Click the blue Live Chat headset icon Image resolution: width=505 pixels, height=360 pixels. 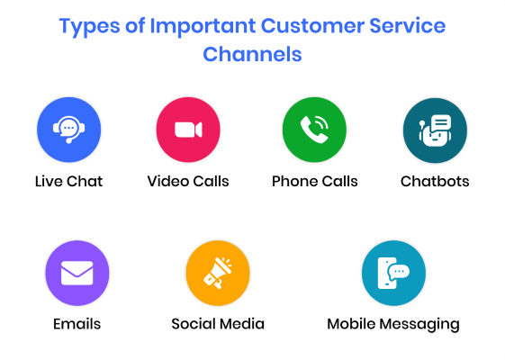(x=69, y=130)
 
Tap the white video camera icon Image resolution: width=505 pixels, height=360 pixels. (x=188, y=130)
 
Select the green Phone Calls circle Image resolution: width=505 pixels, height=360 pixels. (x=314, y=130)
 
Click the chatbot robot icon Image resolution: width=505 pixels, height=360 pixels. (x=435, y=130)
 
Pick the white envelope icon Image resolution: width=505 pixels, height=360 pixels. (x=77, y=273)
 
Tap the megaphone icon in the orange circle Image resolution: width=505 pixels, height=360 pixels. (x=218, y=273)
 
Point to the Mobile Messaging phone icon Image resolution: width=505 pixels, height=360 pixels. (x=393, y=273)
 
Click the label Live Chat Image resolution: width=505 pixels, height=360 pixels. (x=68, y=181)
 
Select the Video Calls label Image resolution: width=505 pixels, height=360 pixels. (x=188, y=181)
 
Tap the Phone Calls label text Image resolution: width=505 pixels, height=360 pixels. (x=315, y=181)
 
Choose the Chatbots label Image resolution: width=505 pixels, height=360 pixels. (x=435, y=181)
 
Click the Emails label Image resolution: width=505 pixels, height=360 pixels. (x=77, y=324)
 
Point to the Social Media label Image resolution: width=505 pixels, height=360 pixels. (x=218, y=324)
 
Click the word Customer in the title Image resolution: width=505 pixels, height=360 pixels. (x=312, y=26)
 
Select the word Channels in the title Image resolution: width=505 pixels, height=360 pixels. (x=252, y=54)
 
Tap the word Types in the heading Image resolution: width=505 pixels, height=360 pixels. (x=89, y=27)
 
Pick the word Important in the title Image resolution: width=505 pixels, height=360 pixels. (x=203, y=27)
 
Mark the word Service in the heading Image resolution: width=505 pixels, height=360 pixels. (x=408, y=26)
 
